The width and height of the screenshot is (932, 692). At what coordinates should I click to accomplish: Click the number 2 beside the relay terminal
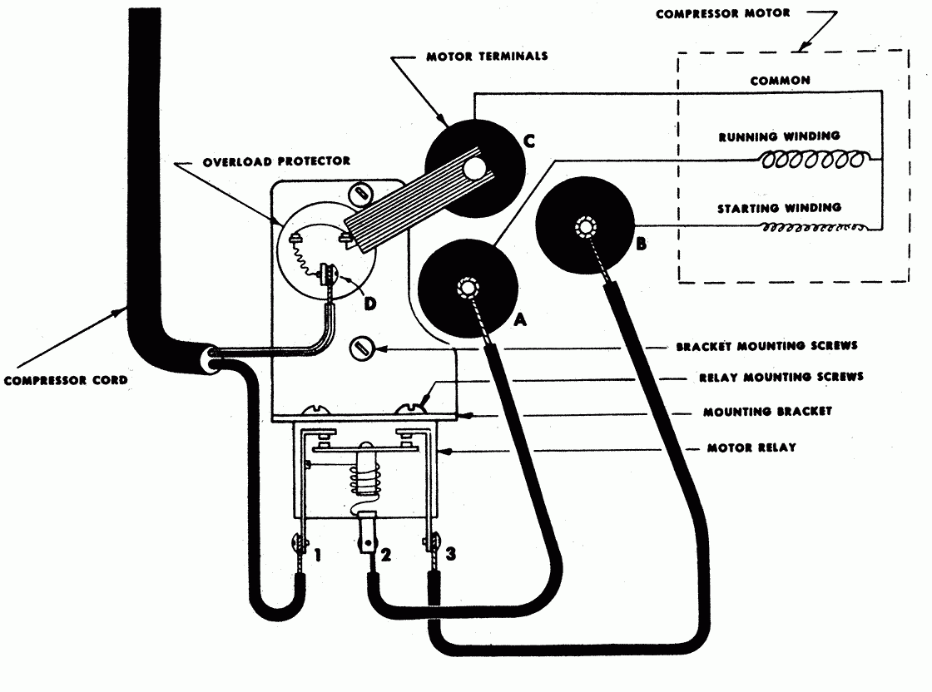[x=386, y=553]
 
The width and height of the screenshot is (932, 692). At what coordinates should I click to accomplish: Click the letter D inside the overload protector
[x=369, y=304]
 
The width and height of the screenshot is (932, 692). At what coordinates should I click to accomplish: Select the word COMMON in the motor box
[x=780, y=81]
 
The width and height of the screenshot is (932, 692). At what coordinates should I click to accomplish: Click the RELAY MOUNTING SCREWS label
[x=781, y=377]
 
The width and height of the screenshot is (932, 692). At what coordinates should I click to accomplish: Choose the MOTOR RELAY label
[x=751, y=447]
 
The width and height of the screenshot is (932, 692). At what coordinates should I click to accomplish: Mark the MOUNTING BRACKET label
[x=767, y=411]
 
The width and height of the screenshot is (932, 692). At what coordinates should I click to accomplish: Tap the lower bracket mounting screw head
[x=362, y=350]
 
